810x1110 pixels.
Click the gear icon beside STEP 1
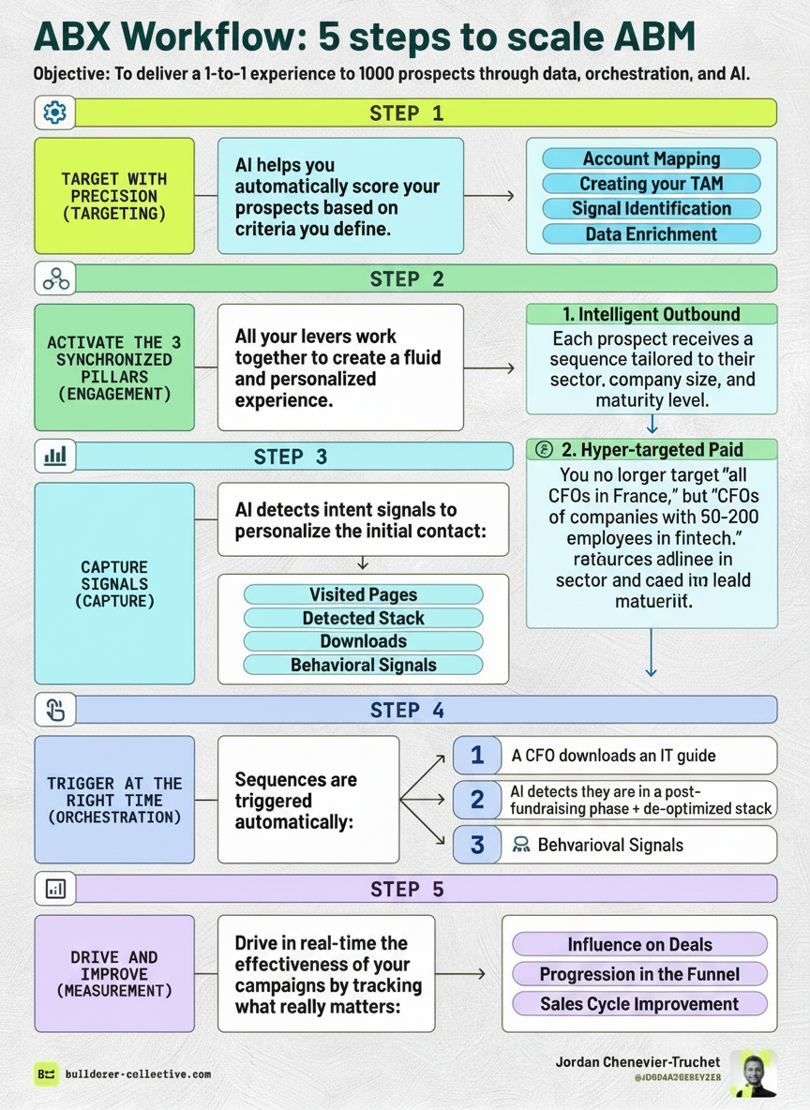[54, 112]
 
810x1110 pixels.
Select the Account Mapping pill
[652, 158]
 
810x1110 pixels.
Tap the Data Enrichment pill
[652, 234]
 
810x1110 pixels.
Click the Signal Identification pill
[652, 209]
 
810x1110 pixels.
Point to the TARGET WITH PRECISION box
[114, 196]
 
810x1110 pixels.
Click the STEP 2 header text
[407, 278]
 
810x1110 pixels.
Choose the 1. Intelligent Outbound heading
[652, 314]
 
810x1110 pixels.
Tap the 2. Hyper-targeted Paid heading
[652, 448]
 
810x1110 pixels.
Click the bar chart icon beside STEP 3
[54, 457]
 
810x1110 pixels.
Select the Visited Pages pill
[363, 594]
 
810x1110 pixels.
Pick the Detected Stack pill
[363, 618]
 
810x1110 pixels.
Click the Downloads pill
[363, 641]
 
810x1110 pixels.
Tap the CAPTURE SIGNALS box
[114, 583]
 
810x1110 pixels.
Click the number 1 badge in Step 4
[477, 755]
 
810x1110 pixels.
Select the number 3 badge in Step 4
[477, 845]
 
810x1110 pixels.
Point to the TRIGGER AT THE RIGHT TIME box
[114, 800]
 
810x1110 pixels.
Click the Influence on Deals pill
[639, 944]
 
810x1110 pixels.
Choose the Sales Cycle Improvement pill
[639, 1004]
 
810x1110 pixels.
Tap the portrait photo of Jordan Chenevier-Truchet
[753, 1074]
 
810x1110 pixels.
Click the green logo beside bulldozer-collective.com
[46, 1074]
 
